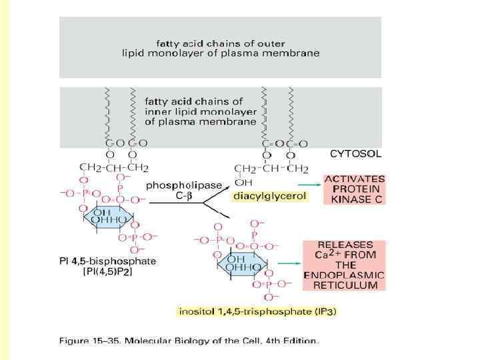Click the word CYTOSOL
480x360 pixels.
(356, 153)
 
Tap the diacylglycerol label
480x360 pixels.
(259, 197)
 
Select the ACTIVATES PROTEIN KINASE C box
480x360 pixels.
(355, 189)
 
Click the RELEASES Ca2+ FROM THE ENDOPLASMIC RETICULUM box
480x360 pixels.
(344, 265)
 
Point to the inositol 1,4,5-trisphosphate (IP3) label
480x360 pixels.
(258, 311)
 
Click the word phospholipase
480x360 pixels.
(184, 185)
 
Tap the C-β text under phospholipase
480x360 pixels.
(184, 197)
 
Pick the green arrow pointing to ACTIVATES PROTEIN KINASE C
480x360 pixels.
(307, 184)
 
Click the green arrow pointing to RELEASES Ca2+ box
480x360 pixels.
(288, 263)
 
